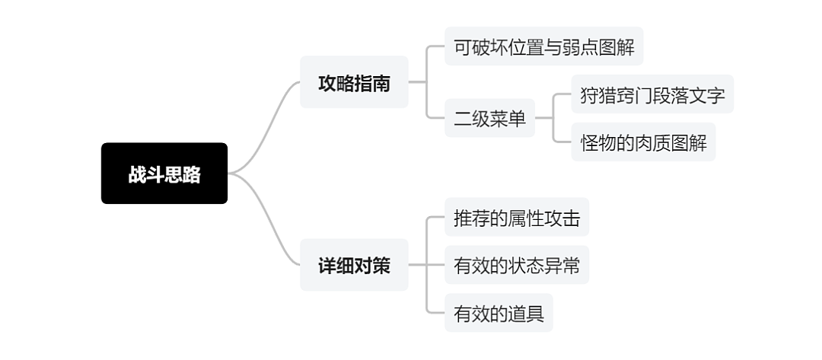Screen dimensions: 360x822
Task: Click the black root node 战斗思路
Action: [x=164, y=174]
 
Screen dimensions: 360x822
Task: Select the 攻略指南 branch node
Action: [x=354, y=82]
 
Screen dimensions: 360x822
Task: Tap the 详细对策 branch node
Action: [x=354, y=265]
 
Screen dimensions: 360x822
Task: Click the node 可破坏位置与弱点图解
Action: [x=543, y=46]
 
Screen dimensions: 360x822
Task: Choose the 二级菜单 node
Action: [x=489, y=119]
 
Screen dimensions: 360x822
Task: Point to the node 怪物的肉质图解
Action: [x=643, y=142]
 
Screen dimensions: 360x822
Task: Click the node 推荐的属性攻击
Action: [x=516, y=218]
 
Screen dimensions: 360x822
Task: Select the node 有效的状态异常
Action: [x=516, y=266]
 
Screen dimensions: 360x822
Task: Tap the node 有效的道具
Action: [x=499, y=313]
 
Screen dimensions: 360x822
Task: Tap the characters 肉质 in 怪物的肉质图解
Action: [x=654, y=142]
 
